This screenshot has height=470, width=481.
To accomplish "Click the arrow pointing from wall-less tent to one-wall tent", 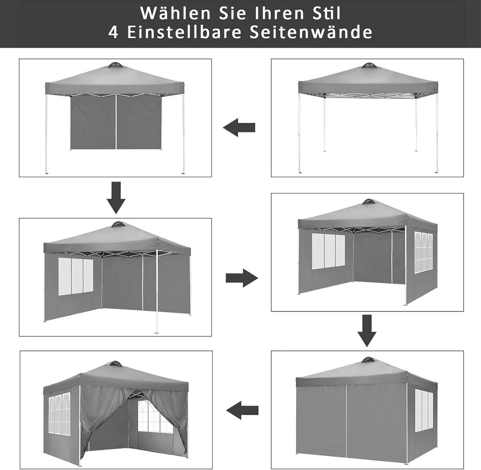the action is (x=239, y=128).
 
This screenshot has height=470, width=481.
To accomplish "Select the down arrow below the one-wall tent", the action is (x=116, y=198).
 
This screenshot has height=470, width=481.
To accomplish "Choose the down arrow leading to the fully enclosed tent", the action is (x=367, y=331).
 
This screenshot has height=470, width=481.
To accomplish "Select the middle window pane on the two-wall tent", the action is (x=77, y=276).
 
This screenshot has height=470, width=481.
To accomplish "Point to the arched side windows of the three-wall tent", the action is (x=424, y=251).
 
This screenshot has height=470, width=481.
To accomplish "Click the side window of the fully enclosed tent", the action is (x=424, y=410).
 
